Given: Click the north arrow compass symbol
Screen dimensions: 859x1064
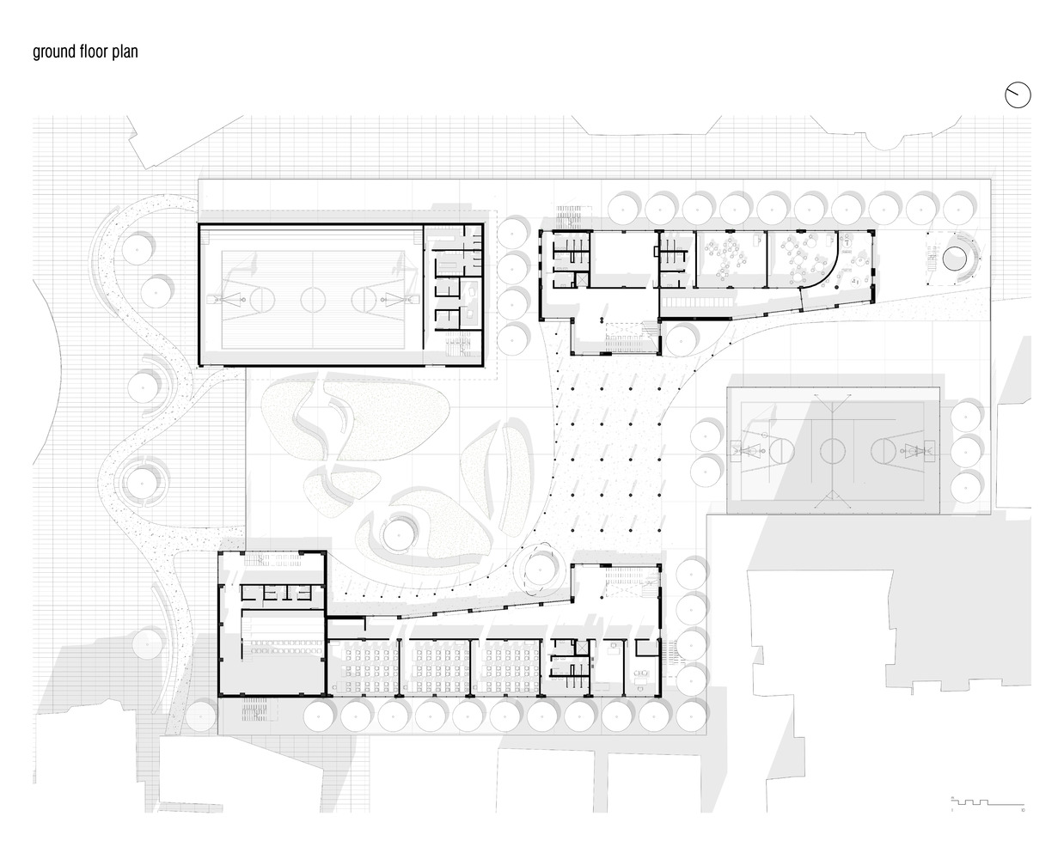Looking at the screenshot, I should coord(1017,95).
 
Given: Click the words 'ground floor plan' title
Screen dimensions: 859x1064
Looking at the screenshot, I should coord(85,52).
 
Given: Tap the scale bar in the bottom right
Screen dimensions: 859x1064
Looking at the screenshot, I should coord(988,802).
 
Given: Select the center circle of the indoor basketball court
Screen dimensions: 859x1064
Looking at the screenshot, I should coord(311,298).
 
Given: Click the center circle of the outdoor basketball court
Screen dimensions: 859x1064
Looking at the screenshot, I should coord(832,449).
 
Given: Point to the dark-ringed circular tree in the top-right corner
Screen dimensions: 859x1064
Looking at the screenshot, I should coord(955,257).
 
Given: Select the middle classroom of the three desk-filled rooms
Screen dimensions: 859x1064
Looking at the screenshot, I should coord(437,667).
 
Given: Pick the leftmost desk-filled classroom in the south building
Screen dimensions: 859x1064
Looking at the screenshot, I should coord(362,667).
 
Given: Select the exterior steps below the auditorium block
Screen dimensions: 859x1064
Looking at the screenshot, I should coord(258,713).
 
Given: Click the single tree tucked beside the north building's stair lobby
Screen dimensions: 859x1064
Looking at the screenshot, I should coord(681,338).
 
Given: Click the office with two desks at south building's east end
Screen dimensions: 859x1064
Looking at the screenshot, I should coord(640,666).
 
